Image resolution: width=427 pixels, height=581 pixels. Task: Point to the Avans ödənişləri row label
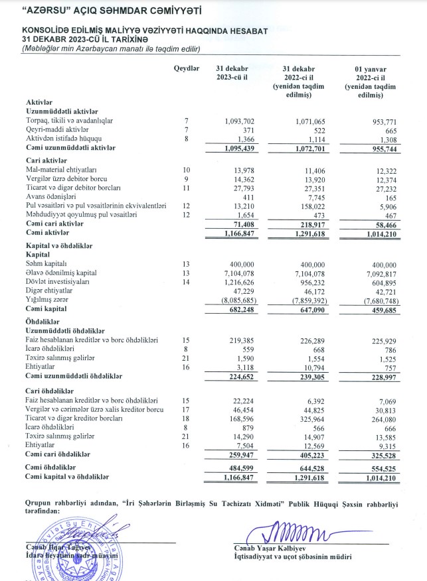pyautogui.click(x=50, y=197)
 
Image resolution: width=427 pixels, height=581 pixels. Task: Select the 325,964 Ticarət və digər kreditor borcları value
pyautogui.click(x=302, y=419)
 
